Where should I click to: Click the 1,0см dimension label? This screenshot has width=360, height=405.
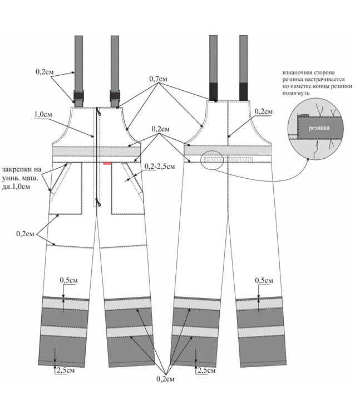tap(44, 114)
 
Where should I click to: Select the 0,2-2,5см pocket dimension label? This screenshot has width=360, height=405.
tap(160, 166)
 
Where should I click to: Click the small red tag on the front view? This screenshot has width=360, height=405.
tap(107, 163)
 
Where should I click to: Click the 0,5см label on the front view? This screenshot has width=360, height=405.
tap(70, 280)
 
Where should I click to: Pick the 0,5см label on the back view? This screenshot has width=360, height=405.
tap(263, 280)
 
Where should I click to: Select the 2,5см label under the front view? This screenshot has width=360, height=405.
tap(66, 370)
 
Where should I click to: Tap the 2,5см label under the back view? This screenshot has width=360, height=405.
tap(207, 370)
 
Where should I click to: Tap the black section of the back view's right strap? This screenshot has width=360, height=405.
tap(243, 91)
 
